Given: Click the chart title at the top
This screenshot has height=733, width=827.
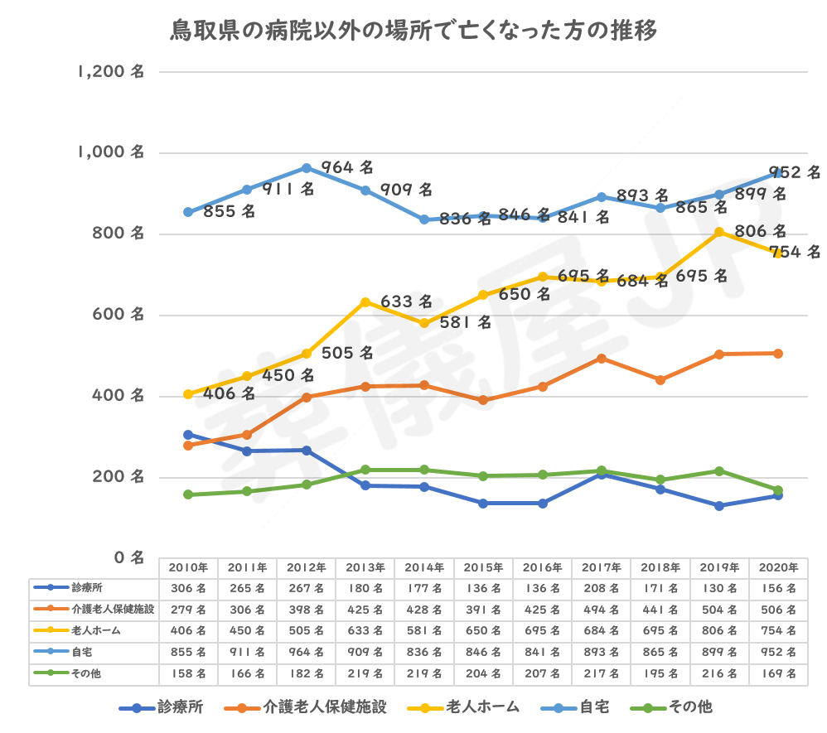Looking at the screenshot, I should pos(413,32).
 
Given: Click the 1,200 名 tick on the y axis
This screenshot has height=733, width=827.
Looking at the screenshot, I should pos(110,72).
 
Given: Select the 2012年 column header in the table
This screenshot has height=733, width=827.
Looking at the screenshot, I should pos(306,567).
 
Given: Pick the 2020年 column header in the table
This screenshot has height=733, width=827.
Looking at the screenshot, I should pos(778,567).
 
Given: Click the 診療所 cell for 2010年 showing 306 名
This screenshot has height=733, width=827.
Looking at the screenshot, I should pos(188,588).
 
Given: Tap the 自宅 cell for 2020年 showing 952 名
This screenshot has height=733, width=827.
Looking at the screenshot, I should pos(778,653).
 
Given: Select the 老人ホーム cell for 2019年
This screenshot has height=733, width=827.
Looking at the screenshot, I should pos(719,631).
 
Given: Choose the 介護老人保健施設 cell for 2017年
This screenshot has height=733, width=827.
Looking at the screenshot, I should pos(602,610).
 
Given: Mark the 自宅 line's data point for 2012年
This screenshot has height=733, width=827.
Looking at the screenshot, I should pos(307,168).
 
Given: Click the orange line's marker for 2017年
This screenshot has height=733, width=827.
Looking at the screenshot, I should pos(602,358).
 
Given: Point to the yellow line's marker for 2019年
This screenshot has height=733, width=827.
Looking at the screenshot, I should pos(719,232).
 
